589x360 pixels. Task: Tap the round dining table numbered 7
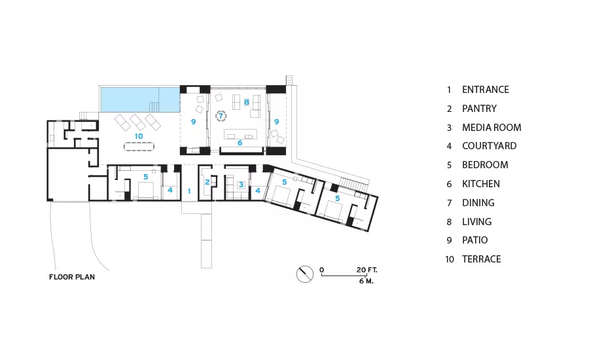pos(221,116)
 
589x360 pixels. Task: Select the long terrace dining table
pos(139,146)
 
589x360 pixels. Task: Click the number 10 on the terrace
pos(139,136)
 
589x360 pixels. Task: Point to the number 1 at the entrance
pos(189,191)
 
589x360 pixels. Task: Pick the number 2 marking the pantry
pos(207,182)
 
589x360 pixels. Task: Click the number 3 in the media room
pos(241,185)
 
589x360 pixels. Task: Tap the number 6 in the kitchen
pos(240,143)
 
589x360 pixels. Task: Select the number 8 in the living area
pos(247,102)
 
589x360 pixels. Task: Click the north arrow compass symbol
pos(304,274)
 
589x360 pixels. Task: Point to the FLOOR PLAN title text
pos(72,277)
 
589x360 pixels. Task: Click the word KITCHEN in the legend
pos(481,184)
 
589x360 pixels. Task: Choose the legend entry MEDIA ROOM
pos(491,128)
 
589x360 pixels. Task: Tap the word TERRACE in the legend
pos(481,259)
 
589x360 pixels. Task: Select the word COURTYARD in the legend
pos(489,146)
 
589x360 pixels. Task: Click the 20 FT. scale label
pos(366,270)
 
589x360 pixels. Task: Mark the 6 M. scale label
pos(366,281)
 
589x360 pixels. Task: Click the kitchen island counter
pos(240,134)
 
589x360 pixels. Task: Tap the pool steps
pos(154,107)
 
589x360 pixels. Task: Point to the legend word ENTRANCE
pos(486,90)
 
